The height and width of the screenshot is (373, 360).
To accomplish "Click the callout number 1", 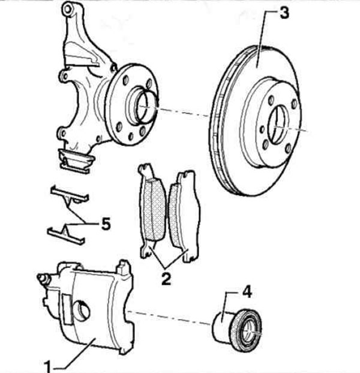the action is click(47, 366).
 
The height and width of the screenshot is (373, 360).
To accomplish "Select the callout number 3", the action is click(284, 13).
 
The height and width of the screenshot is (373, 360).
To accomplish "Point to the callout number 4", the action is click(247, 291).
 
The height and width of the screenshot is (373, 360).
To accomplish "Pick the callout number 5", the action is click(106, 224).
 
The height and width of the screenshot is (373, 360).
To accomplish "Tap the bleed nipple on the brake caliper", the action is click(43, 278).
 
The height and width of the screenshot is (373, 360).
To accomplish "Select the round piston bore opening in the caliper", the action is click(81, 311).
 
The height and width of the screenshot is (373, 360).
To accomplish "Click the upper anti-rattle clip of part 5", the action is click(70, 194).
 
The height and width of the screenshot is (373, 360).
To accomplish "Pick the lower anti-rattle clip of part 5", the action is click(66, 234).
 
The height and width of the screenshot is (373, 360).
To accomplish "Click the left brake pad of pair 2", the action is click(152, 210).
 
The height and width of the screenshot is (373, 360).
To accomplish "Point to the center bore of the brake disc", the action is click(278, 125).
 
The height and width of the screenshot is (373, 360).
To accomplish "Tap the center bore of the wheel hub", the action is click(145, 106).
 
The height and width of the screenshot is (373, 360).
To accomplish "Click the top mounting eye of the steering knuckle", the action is click(68, 10).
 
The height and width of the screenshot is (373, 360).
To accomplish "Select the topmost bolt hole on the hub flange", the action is click(125, 80).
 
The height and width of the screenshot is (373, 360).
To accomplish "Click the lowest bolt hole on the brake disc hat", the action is click(288, 149).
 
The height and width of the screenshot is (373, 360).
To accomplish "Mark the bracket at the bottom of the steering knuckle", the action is click(76, 161).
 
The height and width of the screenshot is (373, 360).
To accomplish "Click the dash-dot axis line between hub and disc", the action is click(182, 112).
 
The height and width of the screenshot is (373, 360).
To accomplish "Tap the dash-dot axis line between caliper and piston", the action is click(169, 317).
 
